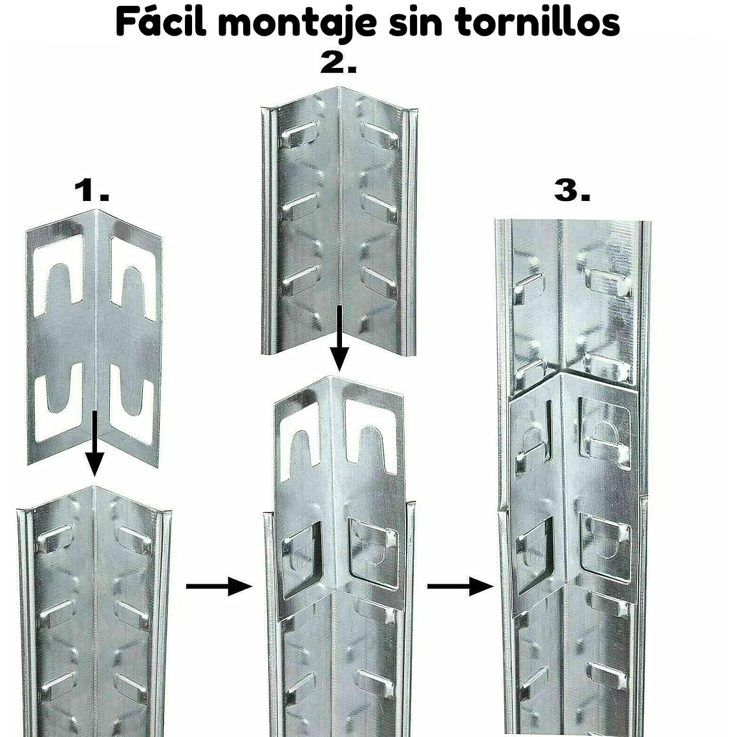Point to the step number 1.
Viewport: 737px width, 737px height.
click(91, 191)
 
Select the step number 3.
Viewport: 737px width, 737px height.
click(572, 191)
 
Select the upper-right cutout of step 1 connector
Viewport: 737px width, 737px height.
click(134, 278)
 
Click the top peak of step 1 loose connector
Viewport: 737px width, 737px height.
click(96, 211)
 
